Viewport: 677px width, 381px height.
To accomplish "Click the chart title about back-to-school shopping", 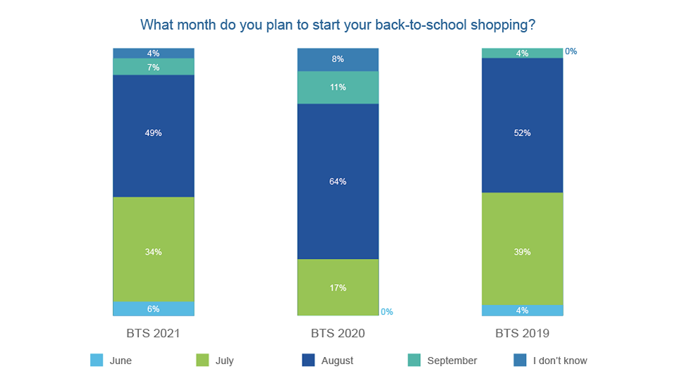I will (338, 25).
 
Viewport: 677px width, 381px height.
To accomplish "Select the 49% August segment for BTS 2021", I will (154, 133).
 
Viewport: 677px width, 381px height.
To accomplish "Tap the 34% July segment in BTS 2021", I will (154, 251).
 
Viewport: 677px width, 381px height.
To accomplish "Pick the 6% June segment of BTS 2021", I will (154, 309).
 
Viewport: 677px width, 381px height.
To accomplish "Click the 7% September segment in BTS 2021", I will (154, 67).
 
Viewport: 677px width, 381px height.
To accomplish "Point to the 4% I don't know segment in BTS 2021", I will (154, 53).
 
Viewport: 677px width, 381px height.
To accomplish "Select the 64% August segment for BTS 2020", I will (338, 181).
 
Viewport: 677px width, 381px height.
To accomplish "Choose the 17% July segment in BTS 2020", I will (338, 288).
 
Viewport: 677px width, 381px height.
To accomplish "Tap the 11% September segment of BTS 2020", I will (338, 87).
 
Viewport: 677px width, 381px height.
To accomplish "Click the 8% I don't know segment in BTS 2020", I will (338, 59).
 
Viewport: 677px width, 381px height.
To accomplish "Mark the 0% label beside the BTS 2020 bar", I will (386, 312).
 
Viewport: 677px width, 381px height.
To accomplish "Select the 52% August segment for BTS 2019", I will (523, 133).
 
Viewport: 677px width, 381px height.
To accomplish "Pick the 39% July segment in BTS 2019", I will (523, 251).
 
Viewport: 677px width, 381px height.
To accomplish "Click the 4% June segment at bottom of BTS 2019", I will (523, 310).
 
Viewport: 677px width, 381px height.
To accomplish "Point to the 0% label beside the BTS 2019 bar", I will (571, 52).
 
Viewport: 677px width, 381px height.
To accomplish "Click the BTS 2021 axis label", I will (154, 333).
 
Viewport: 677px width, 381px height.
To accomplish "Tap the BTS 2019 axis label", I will (523, 333).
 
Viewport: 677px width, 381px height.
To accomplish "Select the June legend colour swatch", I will (97, 361).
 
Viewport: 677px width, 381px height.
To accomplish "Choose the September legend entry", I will (451, 361).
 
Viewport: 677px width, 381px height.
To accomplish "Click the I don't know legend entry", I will (559, 361).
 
